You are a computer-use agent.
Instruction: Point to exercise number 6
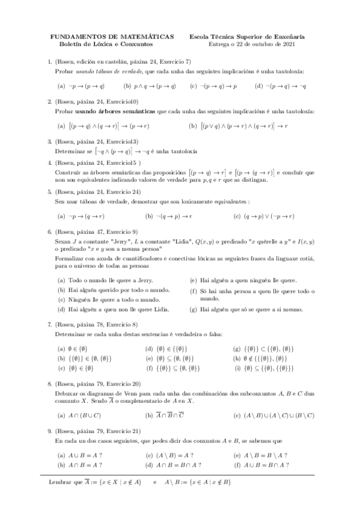click(49, 232)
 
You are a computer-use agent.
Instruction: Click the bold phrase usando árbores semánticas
click(115, 111)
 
